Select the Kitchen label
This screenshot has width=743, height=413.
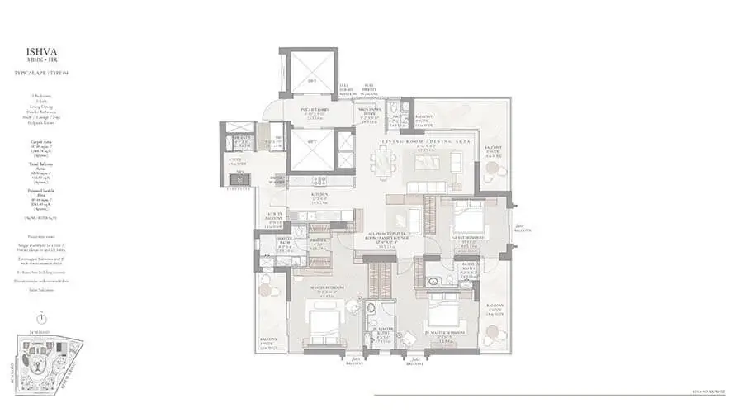[320, 196]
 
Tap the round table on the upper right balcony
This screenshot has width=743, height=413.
[494, 169]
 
